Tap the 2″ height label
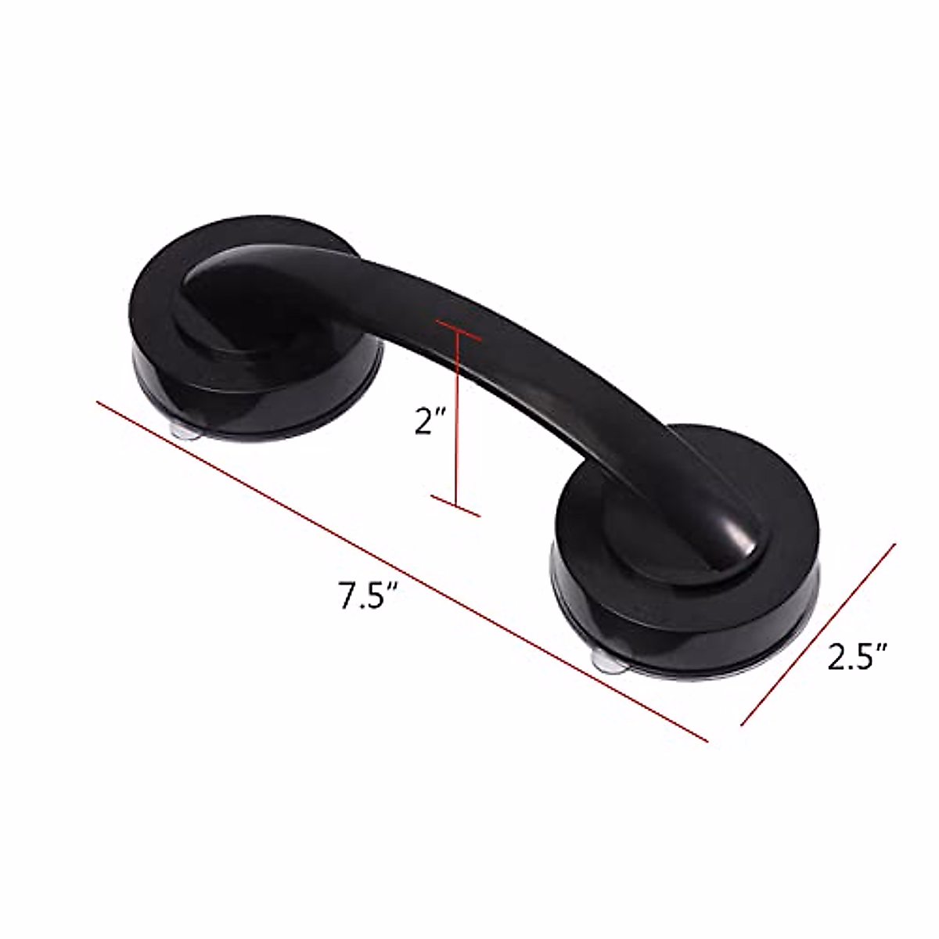coord(430,422)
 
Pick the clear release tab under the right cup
coord(610,663)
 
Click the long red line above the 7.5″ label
coord(402,570)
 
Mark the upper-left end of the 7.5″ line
coord(98,402)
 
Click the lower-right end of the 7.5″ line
coord(707,739)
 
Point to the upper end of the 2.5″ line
coord(894,545)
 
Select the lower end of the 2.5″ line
coord(741,725)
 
